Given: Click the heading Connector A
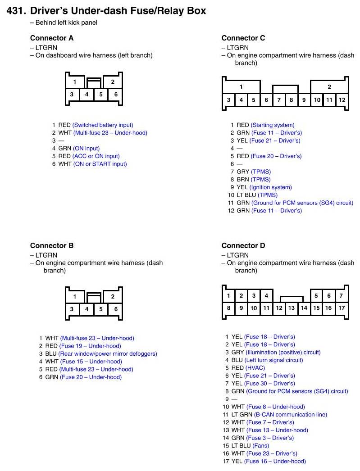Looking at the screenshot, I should click(52, 38).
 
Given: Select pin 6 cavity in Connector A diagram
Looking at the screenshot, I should click(116, 95).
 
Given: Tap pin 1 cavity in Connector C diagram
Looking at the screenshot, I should click(241, 87).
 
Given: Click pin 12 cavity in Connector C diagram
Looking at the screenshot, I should click(342, 100).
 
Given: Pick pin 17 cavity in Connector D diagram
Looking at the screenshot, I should click(342, 308).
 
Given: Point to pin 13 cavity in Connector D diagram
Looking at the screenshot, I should click(291, 308).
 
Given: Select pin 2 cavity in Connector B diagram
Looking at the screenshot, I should click(113, 296).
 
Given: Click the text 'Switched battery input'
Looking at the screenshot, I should click(103, 125).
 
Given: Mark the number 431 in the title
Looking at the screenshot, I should click(16, 11).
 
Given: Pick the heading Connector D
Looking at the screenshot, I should click(243, 246).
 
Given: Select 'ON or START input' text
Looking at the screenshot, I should click(100, 164).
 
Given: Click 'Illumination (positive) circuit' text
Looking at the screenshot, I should click(283, 353).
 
